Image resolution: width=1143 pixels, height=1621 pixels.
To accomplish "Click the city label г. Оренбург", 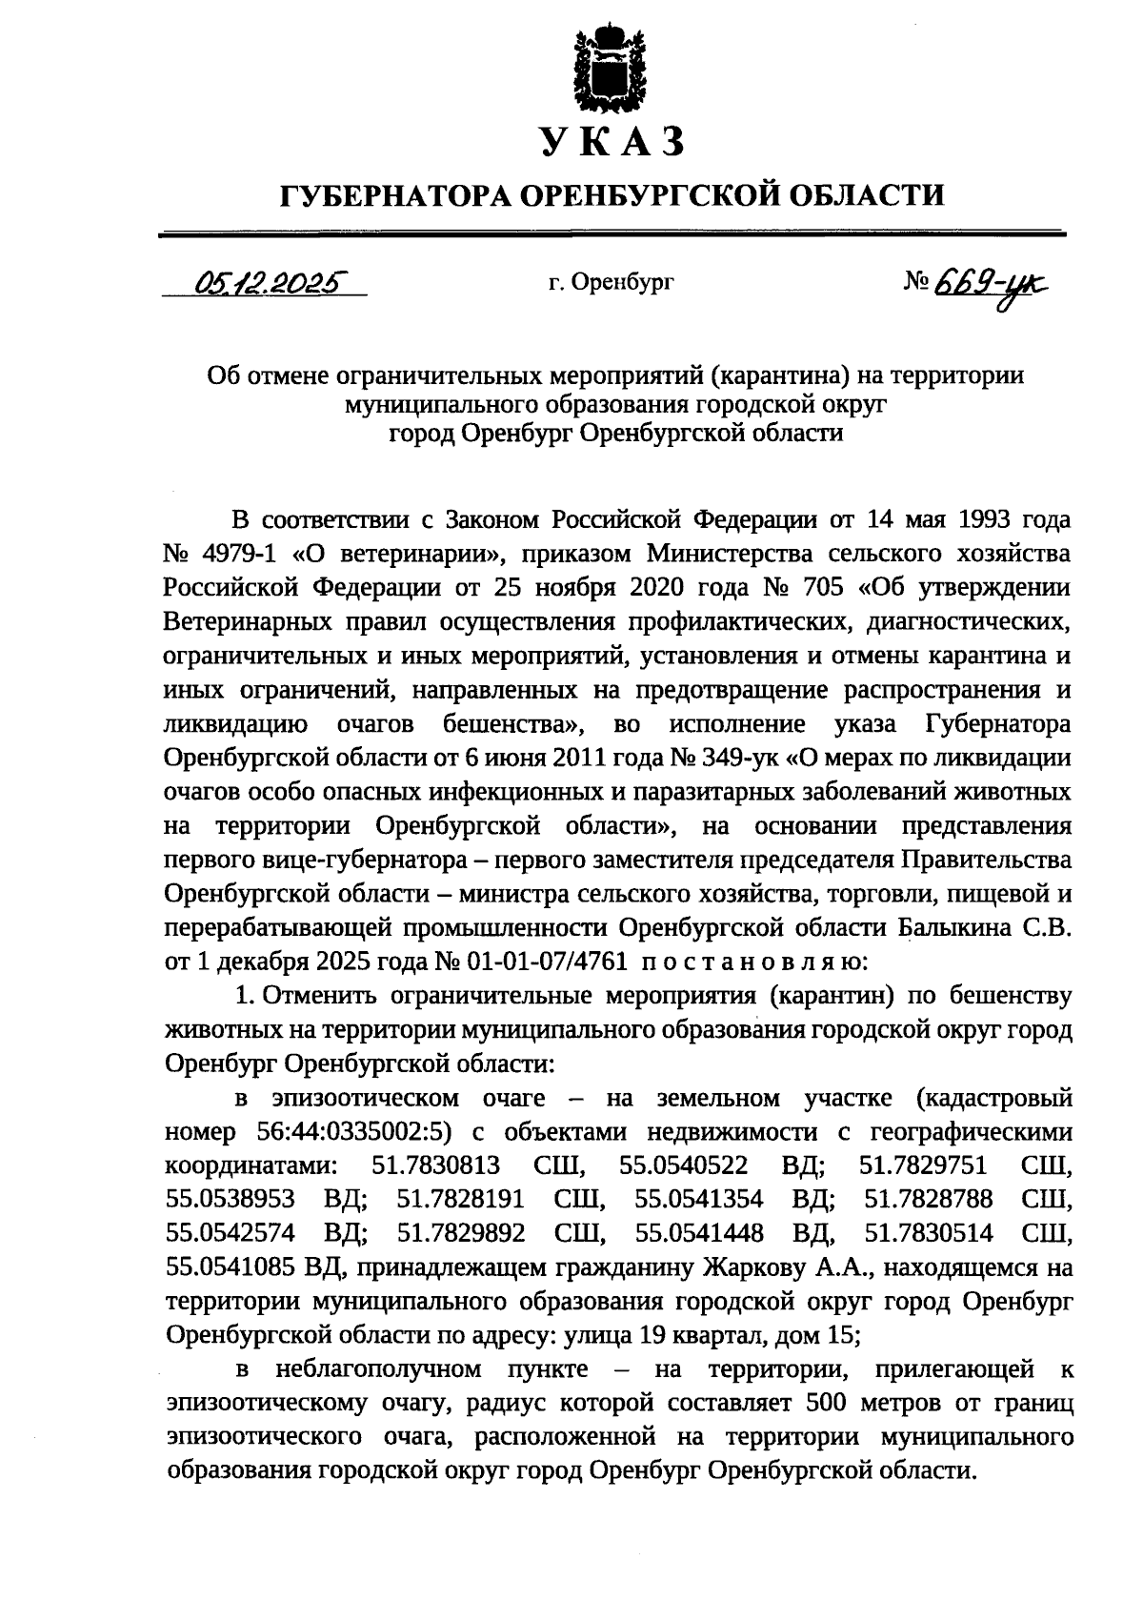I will click(611, 282).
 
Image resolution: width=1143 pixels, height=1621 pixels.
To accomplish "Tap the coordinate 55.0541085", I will click(231, 1268).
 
